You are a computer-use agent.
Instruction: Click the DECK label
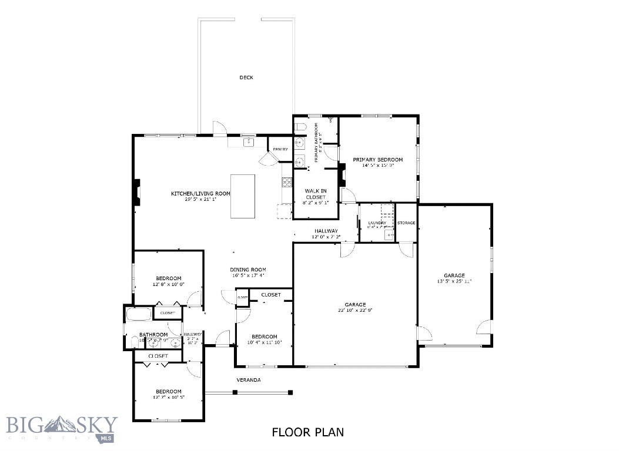coord(246,78)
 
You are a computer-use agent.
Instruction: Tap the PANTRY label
coord(280,149)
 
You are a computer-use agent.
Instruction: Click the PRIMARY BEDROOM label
coord(377,160)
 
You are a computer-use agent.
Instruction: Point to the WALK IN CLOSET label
coord(315,194)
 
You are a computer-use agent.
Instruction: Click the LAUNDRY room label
coord(377,223)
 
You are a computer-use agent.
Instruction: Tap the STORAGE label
coord(406,223)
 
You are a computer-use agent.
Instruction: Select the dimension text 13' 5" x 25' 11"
coord(454,281)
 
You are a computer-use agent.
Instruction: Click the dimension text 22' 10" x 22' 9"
coord(355,310)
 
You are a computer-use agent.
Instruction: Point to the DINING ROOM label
coord(247,270)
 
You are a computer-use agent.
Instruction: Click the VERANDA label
coord(249,380)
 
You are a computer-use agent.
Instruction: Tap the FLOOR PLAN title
coord(307,432)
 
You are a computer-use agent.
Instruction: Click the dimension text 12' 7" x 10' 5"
coord(168,398)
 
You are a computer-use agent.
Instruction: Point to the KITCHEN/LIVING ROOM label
coord(200,193)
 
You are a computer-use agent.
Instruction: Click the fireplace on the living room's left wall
coord(136,192)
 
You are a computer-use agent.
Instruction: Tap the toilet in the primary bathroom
coord(300,127)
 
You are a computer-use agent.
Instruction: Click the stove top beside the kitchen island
coord(287,182)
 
